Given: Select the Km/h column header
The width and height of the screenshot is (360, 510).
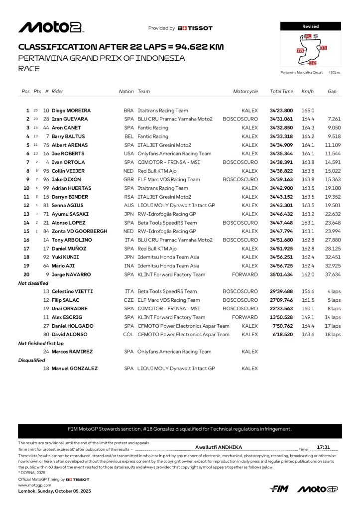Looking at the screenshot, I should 307,92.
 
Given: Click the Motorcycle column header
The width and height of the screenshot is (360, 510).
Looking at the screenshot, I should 245,92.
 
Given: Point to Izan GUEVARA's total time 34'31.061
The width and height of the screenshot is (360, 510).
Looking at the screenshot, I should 281,119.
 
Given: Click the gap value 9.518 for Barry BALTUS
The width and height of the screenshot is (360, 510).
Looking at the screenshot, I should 333,136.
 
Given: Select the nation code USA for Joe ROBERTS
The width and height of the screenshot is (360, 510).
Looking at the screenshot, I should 128,153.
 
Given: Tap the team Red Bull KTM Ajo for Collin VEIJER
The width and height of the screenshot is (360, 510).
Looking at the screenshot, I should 156,171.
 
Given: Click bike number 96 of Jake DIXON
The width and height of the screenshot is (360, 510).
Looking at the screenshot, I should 46,179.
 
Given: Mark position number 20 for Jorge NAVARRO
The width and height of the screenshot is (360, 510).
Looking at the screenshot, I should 26,274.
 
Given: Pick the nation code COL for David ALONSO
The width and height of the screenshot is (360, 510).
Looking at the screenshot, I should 128,335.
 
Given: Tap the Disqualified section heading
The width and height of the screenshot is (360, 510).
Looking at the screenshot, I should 32,360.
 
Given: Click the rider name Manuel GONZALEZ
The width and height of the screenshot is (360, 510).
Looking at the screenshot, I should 75,369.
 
